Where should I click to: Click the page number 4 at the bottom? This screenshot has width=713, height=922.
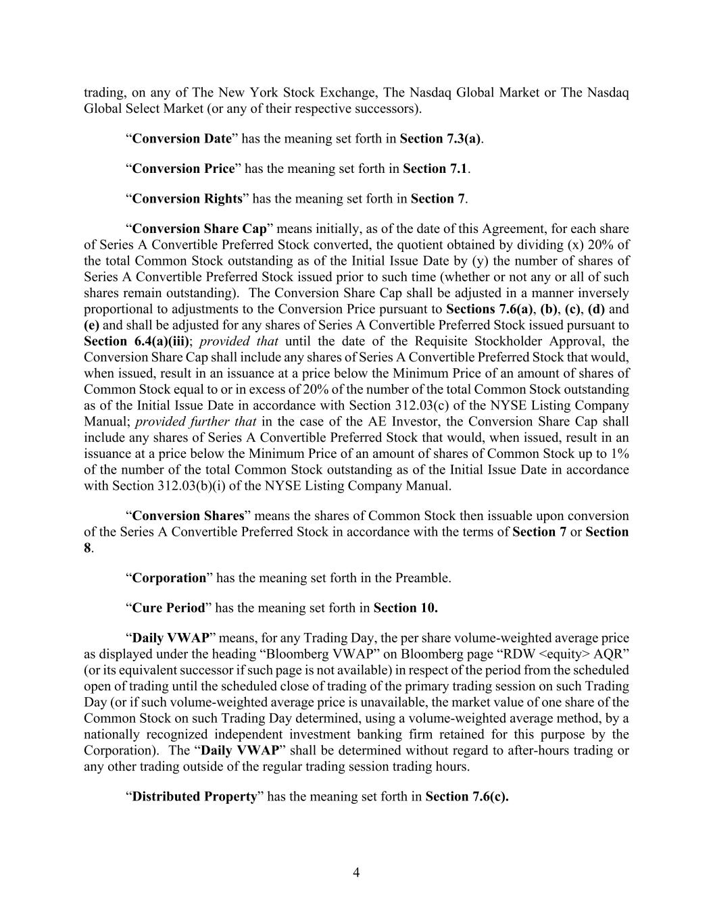click(x=356, y=873)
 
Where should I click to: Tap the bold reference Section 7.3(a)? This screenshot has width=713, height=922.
click(x=440, y=139)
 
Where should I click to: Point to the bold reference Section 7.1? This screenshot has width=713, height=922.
click(x=435, y=169)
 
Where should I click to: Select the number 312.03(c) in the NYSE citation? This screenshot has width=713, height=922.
click(x=419, y=405)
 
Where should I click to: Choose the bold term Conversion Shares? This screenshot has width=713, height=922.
click(x=188, y=515)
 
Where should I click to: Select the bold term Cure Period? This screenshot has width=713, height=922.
click(x=168, y=608)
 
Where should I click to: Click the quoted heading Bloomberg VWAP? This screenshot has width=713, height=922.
click(x=323, y=654)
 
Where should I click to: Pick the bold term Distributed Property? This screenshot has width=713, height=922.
click(x=195, y=796)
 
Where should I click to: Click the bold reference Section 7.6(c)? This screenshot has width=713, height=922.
click(x=467, y=796)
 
